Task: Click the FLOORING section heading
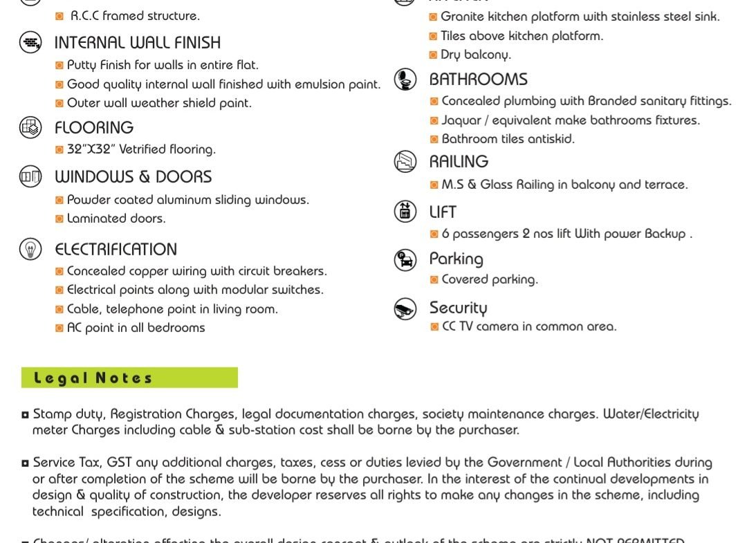(94, 128)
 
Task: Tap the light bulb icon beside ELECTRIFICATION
(30, 249)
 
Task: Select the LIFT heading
(443, 212)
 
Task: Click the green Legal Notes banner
(129, 378)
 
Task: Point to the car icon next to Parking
(405, 260)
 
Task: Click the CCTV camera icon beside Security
(405, 309)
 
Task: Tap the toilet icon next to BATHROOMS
(405, 80)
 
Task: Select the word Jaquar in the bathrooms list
(461, 120)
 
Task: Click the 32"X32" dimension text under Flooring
(92, 149)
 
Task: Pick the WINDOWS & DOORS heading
(133, 177)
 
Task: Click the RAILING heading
(459, 162)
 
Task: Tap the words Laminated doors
(116, 219)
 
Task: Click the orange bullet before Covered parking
(434, 279)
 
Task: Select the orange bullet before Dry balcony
(433, 55)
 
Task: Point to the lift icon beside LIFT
(405, 211)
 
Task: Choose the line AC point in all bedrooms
(136, 328)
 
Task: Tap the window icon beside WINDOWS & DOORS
(30, 177)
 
